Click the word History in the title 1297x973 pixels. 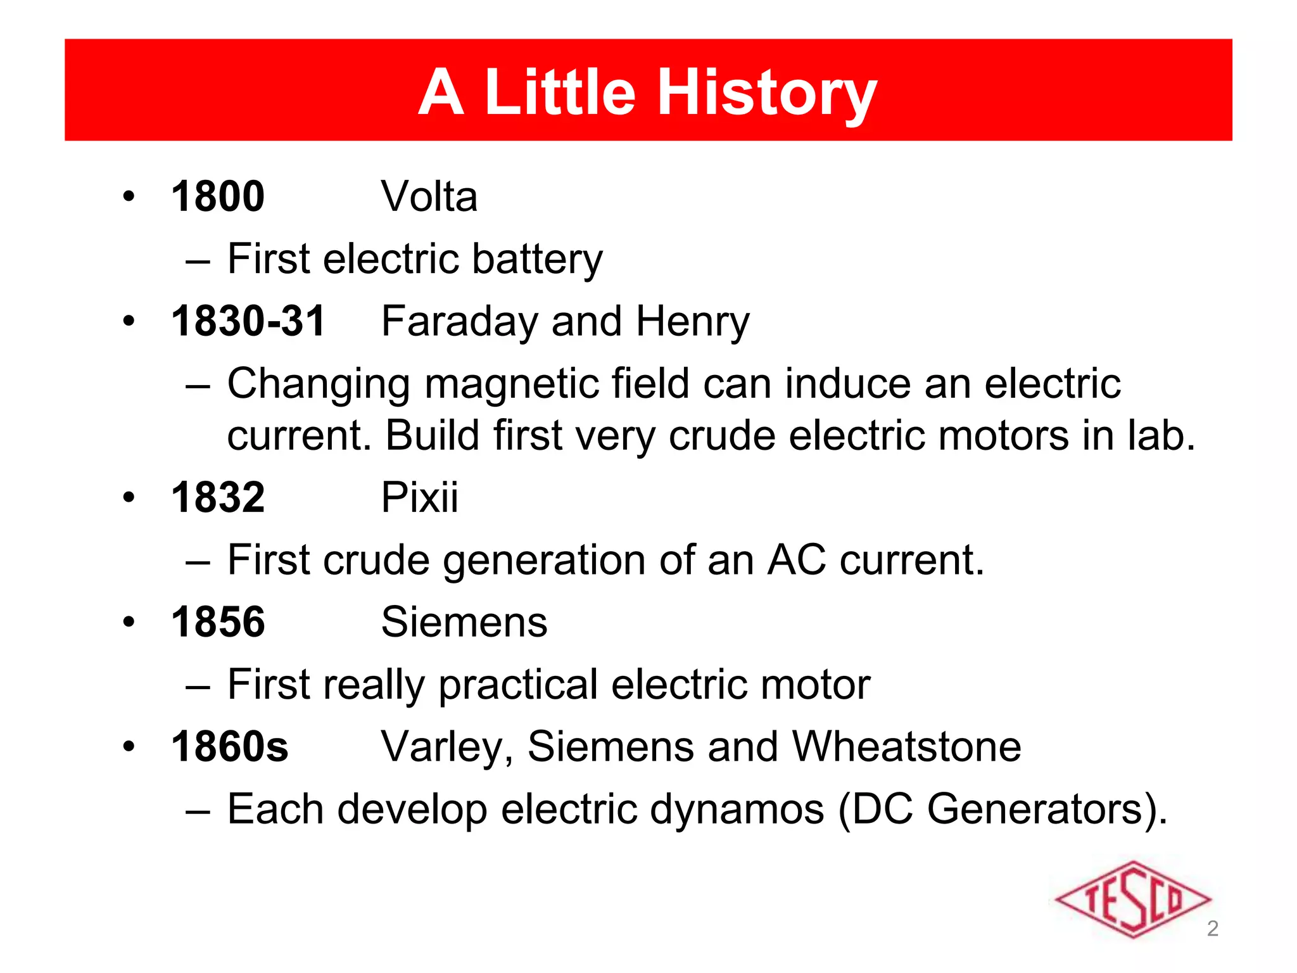(x=768, y=94)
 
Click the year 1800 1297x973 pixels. (x=218, y=196)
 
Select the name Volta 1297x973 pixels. (x=429, y=196)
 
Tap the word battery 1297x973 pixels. (x=537, y=260)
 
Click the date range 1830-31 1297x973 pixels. (x=248, y=321)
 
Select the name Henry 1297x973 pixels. (x=692, y=321)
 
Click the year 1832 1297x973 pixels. (x=218, y=497)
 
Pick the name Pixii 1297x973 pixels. (x=419, y=497)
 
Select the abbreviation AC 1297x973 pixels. (x=796, y=560)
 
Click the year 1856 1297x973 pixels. (x=218, y=622)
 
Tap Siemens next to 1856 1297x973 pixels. (x=464, y=622)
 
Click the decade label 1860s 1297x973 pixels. (x=229, y=747)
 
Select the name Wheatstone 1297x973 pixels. (x=906, y=747)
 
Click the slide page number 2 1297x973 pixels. (x=1212, y=929)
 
